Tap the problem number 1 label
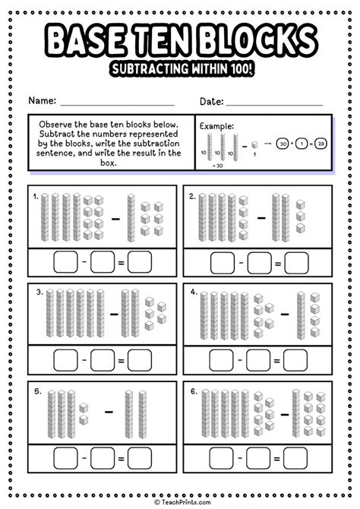coord(35,196)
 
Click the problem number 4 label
coord(194,292)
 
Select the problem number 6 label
coord(194,392)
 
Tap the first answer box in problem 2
coord(223,264)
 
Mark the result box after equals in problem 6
coord(296,459)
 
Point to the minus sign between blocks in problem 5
coord(109,410)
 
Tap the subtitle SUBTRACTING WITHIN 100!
coord(180,69)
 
